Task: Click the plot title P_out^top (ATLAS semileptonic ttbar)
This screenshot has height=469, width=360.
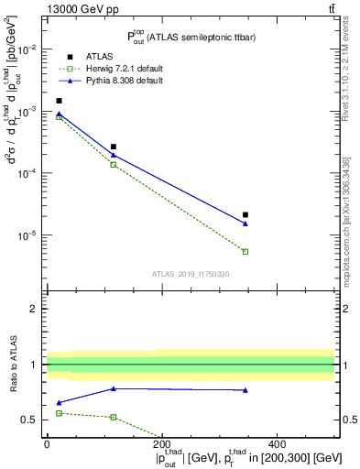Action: click(189, 37)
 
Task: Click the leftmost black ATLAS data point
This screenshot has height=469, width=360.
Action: click(60, 101)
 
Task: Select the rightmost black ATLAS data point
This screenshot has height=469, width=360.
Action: click(245, 215)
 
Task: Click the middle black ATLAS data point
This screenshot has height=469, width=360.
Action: click(114, 147)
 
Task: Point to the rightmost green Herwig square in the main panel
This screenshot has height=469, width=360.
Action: click(245, 251)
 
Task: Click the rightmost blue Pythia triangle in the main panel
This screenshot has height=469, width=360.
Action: click(245, 224)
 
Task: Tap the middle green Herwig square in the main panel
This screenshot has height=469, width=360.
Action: click(114, 164)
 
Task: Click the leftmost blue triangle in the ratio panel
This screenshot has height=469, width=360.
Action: click(60, 403)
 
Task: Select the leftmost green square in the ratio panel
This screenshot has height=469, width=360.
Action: click(60, 413)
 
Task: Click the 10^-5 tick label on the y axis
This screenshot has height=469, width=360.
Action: click(29, 235)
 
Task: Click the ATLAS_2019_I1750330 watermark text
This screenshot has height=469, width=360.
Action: click(191, 274)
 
